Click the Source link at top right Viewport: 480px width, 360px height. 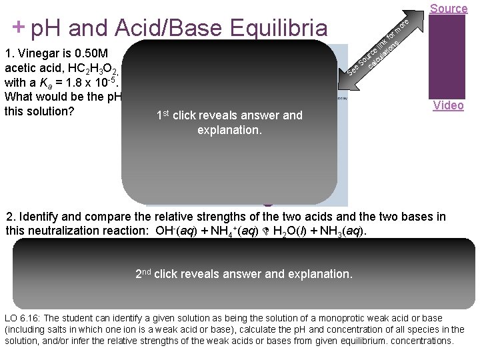[449, 8]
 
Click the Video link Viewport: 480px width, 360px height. [448, 105]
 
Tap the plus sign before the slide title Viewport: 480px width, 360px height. [19, 27]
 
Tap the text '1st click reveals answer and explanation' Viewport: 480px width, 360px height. [229, 123]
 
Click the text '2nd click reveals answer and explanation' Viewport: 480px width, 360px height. [243, 274]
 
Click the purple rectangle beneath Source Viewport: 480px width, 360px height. [448, 57]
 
